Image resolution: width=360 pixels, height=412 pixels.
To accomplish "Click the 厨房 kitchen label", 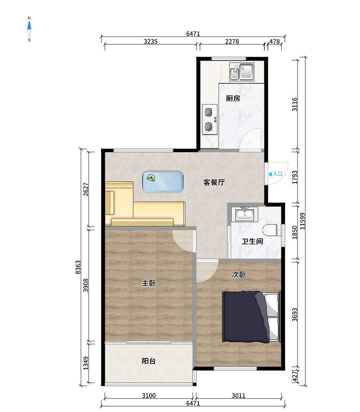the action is point(233,98).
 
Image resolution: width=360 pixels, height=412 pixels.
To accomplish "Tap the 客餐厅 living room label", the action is point(214,182).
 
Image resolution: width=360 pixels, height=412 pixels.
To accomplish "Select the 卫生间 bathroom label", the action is point(252,241).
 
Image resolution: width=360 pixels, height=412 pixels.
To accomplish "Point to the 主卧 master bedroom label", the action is point(149,283).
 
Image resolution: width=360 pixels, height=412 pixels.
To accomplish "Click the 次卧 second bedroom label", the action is point(239,275).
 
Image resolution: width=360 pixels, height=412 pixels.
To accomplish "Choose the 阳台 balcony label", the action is point(149,361).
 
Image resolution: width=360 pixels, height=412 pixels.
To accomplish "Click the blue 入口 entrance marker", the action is point(275,174).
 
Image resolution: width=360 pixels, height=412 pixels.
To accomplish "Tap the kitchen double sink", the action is point(242,71).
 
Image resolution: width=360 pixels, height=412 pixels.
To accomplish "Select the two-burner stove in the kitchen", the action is point(210,120).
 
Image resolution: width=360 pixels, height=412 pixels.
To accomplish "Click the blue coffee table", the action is point(163,182).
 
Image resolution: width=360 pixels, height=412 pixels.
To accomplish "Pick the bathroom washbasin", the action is point(245,214).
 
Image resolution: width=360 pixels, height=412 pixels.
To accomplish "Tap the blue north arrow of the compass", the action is point(29,25).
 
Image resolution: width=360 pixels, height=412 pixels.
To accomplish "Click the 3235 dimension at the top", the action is point(151,42).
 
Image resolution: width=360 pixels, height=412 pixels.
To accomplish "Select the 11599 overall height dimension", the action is point(302,221).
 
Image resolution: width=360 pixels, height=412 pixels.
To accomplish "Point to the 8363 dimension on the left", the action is point(78,267).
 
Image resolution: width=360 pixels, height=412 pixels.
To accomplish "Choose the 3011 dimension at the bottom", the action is point(239,395).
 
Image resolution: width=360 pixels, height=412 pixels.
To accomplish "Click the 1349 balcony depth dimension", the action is point(86,363).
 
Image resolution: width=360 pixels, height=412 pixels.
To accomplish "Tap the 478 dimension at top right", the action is point(275,42).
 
